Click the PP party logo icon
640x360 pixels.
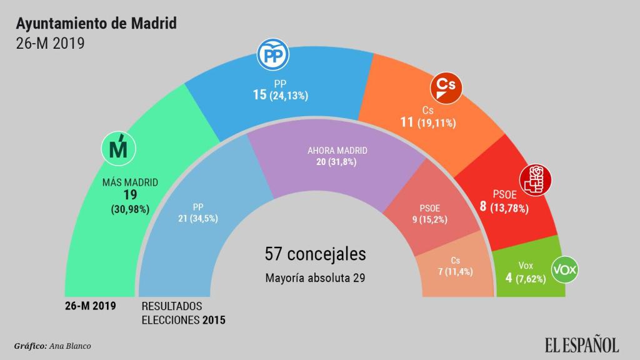tap(274, 57)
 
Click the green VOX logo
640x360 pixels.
tap(565, 270)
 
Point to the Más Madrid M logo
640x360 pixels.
tap(119, 148)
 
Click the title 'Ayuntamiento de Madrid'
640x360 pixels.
tap(96, 24)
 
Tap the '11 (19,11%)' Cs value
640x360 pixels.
tap(428, 122)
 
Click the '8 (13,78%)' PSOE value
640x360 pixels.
tap(504, 206)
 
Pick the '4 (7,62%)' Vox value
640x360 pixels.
tap(526, 278)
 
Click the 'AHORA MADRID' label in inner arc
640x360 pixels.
tap(337, 151)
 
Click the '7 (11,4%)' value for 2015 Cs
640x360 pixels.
tap(455, 272)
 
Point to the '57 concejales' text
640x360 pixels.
tap(315, 254)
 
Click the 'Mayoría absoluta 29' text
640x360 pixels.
tap(315, 277)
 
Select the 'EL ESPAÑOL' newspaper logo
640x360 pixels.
tap(581, 344)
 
